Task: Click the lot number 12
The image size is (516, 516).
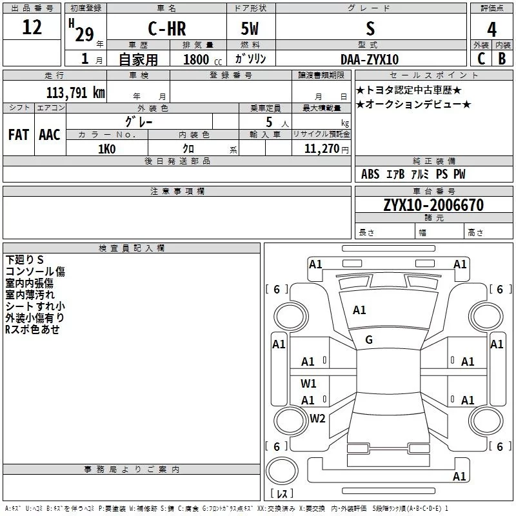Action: (x=32, y=27)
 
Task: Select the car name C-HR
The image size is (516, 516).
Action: (x=167, y=28)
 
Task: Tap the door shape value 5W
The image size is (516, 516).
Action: (x=250, y=28)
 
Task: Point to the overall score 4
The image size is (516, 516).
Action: (x=491, y=30)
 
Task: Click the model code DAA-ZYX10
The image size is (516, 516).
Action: (x=370, y=59)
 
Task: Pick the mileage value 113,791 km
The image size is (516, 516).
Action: (x=75, y=92)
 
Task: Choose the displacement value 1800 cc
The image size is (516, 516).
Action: (x=203, y=59)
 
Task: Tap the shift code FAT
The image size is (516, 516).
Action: (x=19, y=135)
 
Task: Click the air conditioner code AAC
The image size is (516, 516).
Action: (x=50, y=135)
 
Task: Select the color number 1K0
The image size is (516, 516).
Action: (x=107, y=149)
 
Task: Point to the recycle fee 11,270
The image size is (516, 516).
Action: (x=321, y=149)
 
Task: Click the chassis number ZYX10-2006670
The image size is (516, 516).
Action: (x=433, y=205)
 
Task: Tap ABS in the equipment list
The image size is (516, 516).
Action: (x=370, y=174)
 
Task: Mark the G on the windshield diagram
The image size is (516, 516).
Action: (x=369, y=340)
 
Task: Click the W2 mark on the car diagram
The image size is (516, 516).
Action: (x=317, y=418)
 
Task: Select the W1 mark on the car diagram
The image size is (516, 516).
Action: (x=308, y=383)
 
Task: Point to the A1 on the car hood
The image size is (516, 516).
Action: (x=359, y=310)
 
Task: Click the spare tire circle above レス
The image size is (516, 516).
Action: (x=282, y=471)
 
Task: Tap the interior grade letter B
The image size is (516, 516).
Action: (x=502, y=59)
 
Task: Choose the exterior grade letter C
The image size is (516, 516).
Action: (x=481, y=59)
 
